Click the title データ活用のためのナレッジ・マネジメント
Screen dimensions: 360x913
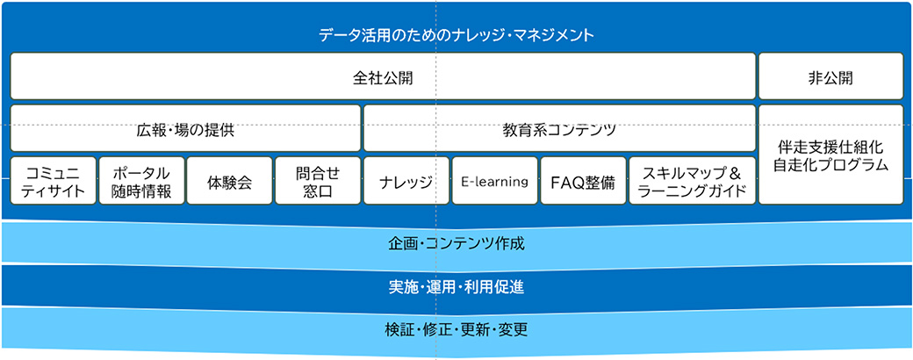[456, 36]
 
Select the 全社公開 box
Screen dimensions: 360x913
[383, 76]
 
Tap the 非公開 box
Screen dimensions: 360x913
[830, 76]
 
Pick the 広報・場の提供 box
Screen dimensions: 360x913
[185, 128]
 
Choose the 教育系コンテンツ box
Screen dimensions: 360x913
[559, 128]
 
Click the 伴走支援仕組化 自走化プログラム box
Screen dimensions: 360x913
[830, 155]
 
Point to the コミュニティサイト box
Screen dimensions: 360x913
[54, 181]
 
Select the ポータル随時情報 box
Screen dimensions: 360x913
[141, 181]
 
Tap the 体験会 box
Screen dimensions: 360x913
[230, 182]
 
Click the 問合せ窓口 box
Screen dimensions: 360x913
[318, 181]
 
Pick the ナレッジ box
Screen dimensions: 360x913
[406, 182]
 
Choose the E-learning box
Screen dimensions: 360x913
[494, 182]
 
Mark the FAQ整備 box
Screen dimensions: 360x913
[583, 182]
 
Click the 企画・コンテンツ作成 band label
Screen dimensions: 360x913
[456, 242]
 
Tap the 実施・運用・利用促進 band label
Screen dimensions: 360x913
[456, 286]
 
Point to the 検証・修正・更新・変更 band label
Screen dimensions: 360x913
[456, 330]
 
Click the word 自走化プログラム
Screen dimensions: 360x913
[830, 164]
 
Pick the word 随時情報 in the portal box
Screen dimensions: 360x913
[141, 191]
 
